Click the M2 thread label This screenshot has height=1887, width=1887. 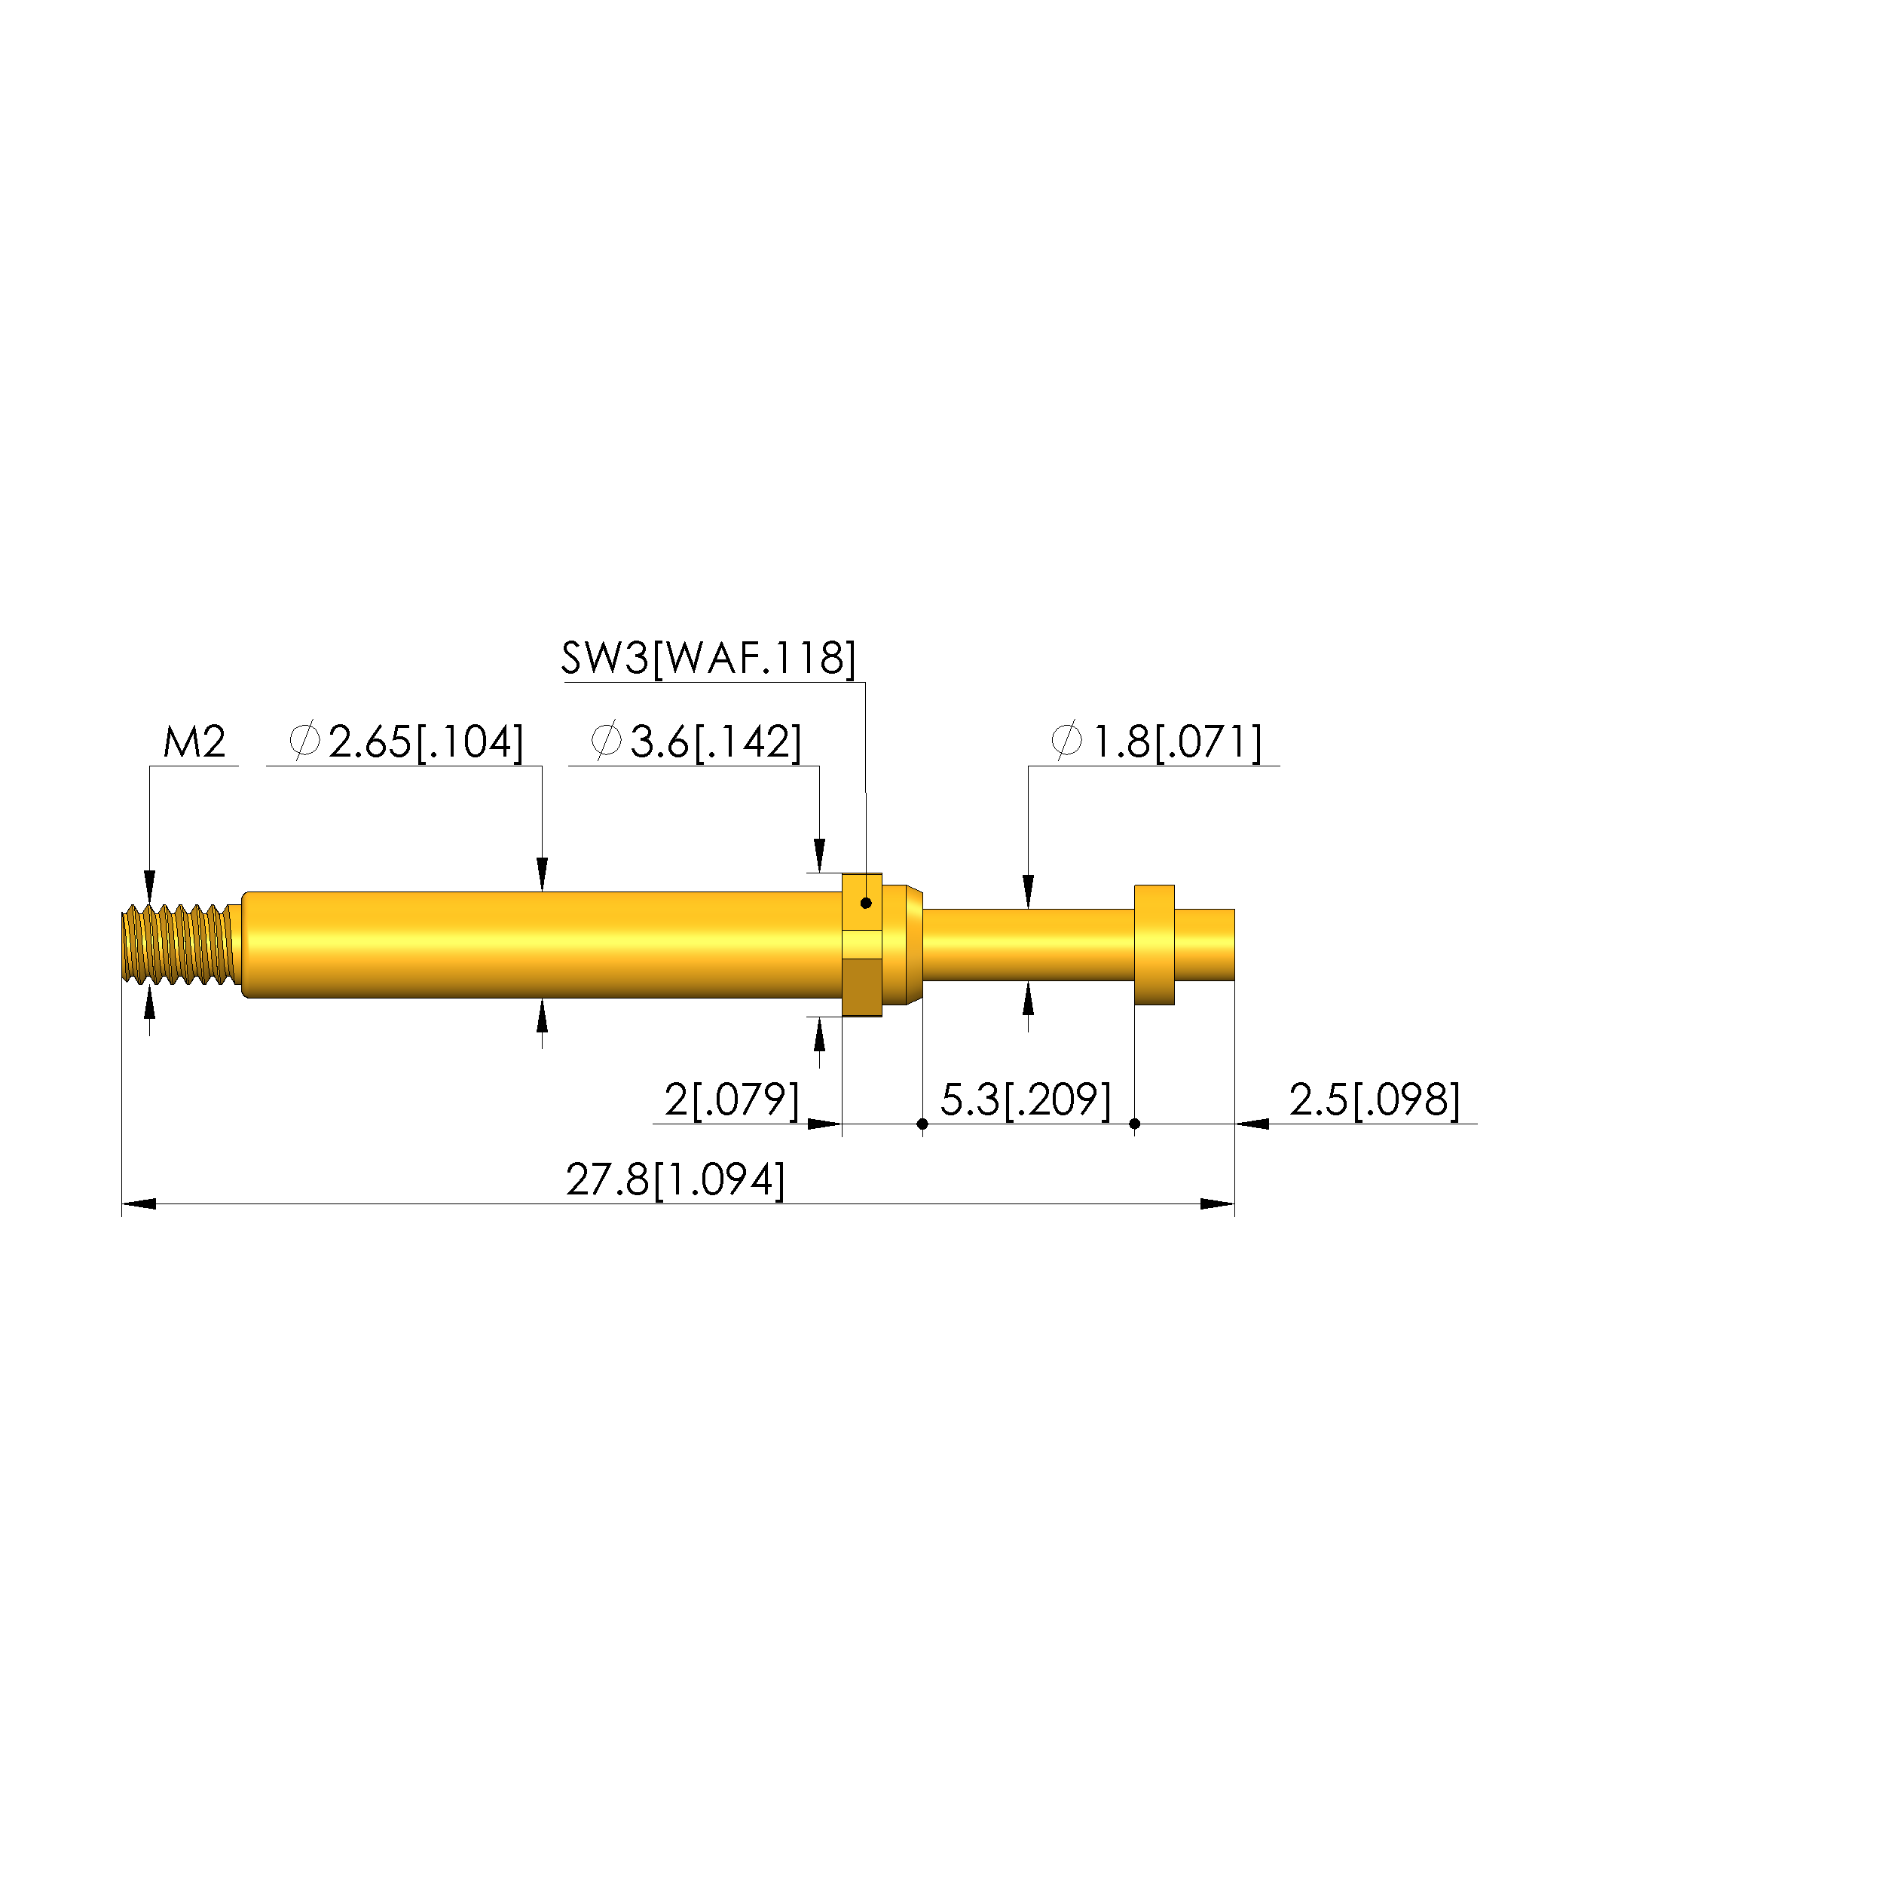tap(194, 742)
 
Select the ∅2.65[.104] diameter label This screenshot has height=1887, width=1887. tap(406, 742)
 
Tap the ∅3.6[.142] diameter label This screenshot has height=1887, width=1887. tap(696, 742)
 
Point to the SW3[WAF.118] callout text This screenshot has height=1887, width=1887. tap(709, 659)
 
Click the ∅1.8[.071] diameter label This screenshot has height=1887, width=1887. tap(1157, 742)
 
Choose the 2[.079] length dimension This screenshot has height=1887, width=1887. tap(732, 1101)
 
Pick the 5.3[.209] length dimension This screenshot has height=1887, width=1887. tap(1026, 1101)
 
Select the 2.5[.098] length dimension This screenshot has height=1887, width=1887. tap(1375, 1101)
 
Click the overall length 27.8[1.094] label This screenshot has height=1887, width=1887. tap(676, 1181)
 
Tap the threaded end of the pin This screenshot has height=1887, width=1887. tap(179, 944)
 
